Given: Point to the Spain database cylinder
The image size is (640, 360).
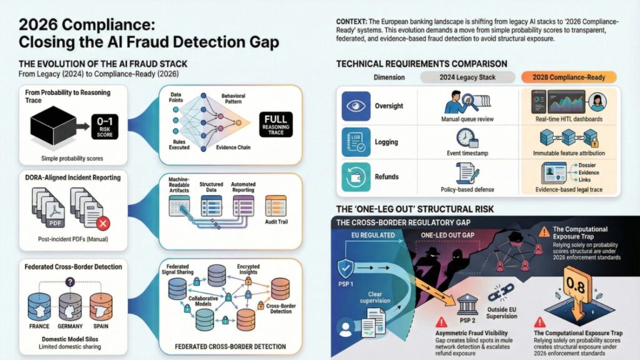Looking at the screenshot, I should pyautogui.click(x=104, y=307).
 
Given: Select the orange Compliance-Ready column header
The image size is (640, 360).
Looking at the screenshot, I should pyautogui.click(x=567, y=77).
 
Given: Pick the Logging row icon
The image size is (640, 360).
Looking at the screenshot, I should pyautogui.click(x=357, y=141).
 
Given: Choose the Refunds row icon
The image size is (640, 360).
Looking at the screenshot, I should pyautogui.click(x=357, y=176).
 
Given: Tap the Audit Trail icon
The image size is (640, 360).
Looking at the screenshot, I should pyautogui.click(x=276, y=205).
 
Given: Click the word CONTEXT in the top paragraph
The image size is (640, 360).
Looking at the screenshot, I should pyautogui.click(x=352, y=21).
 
